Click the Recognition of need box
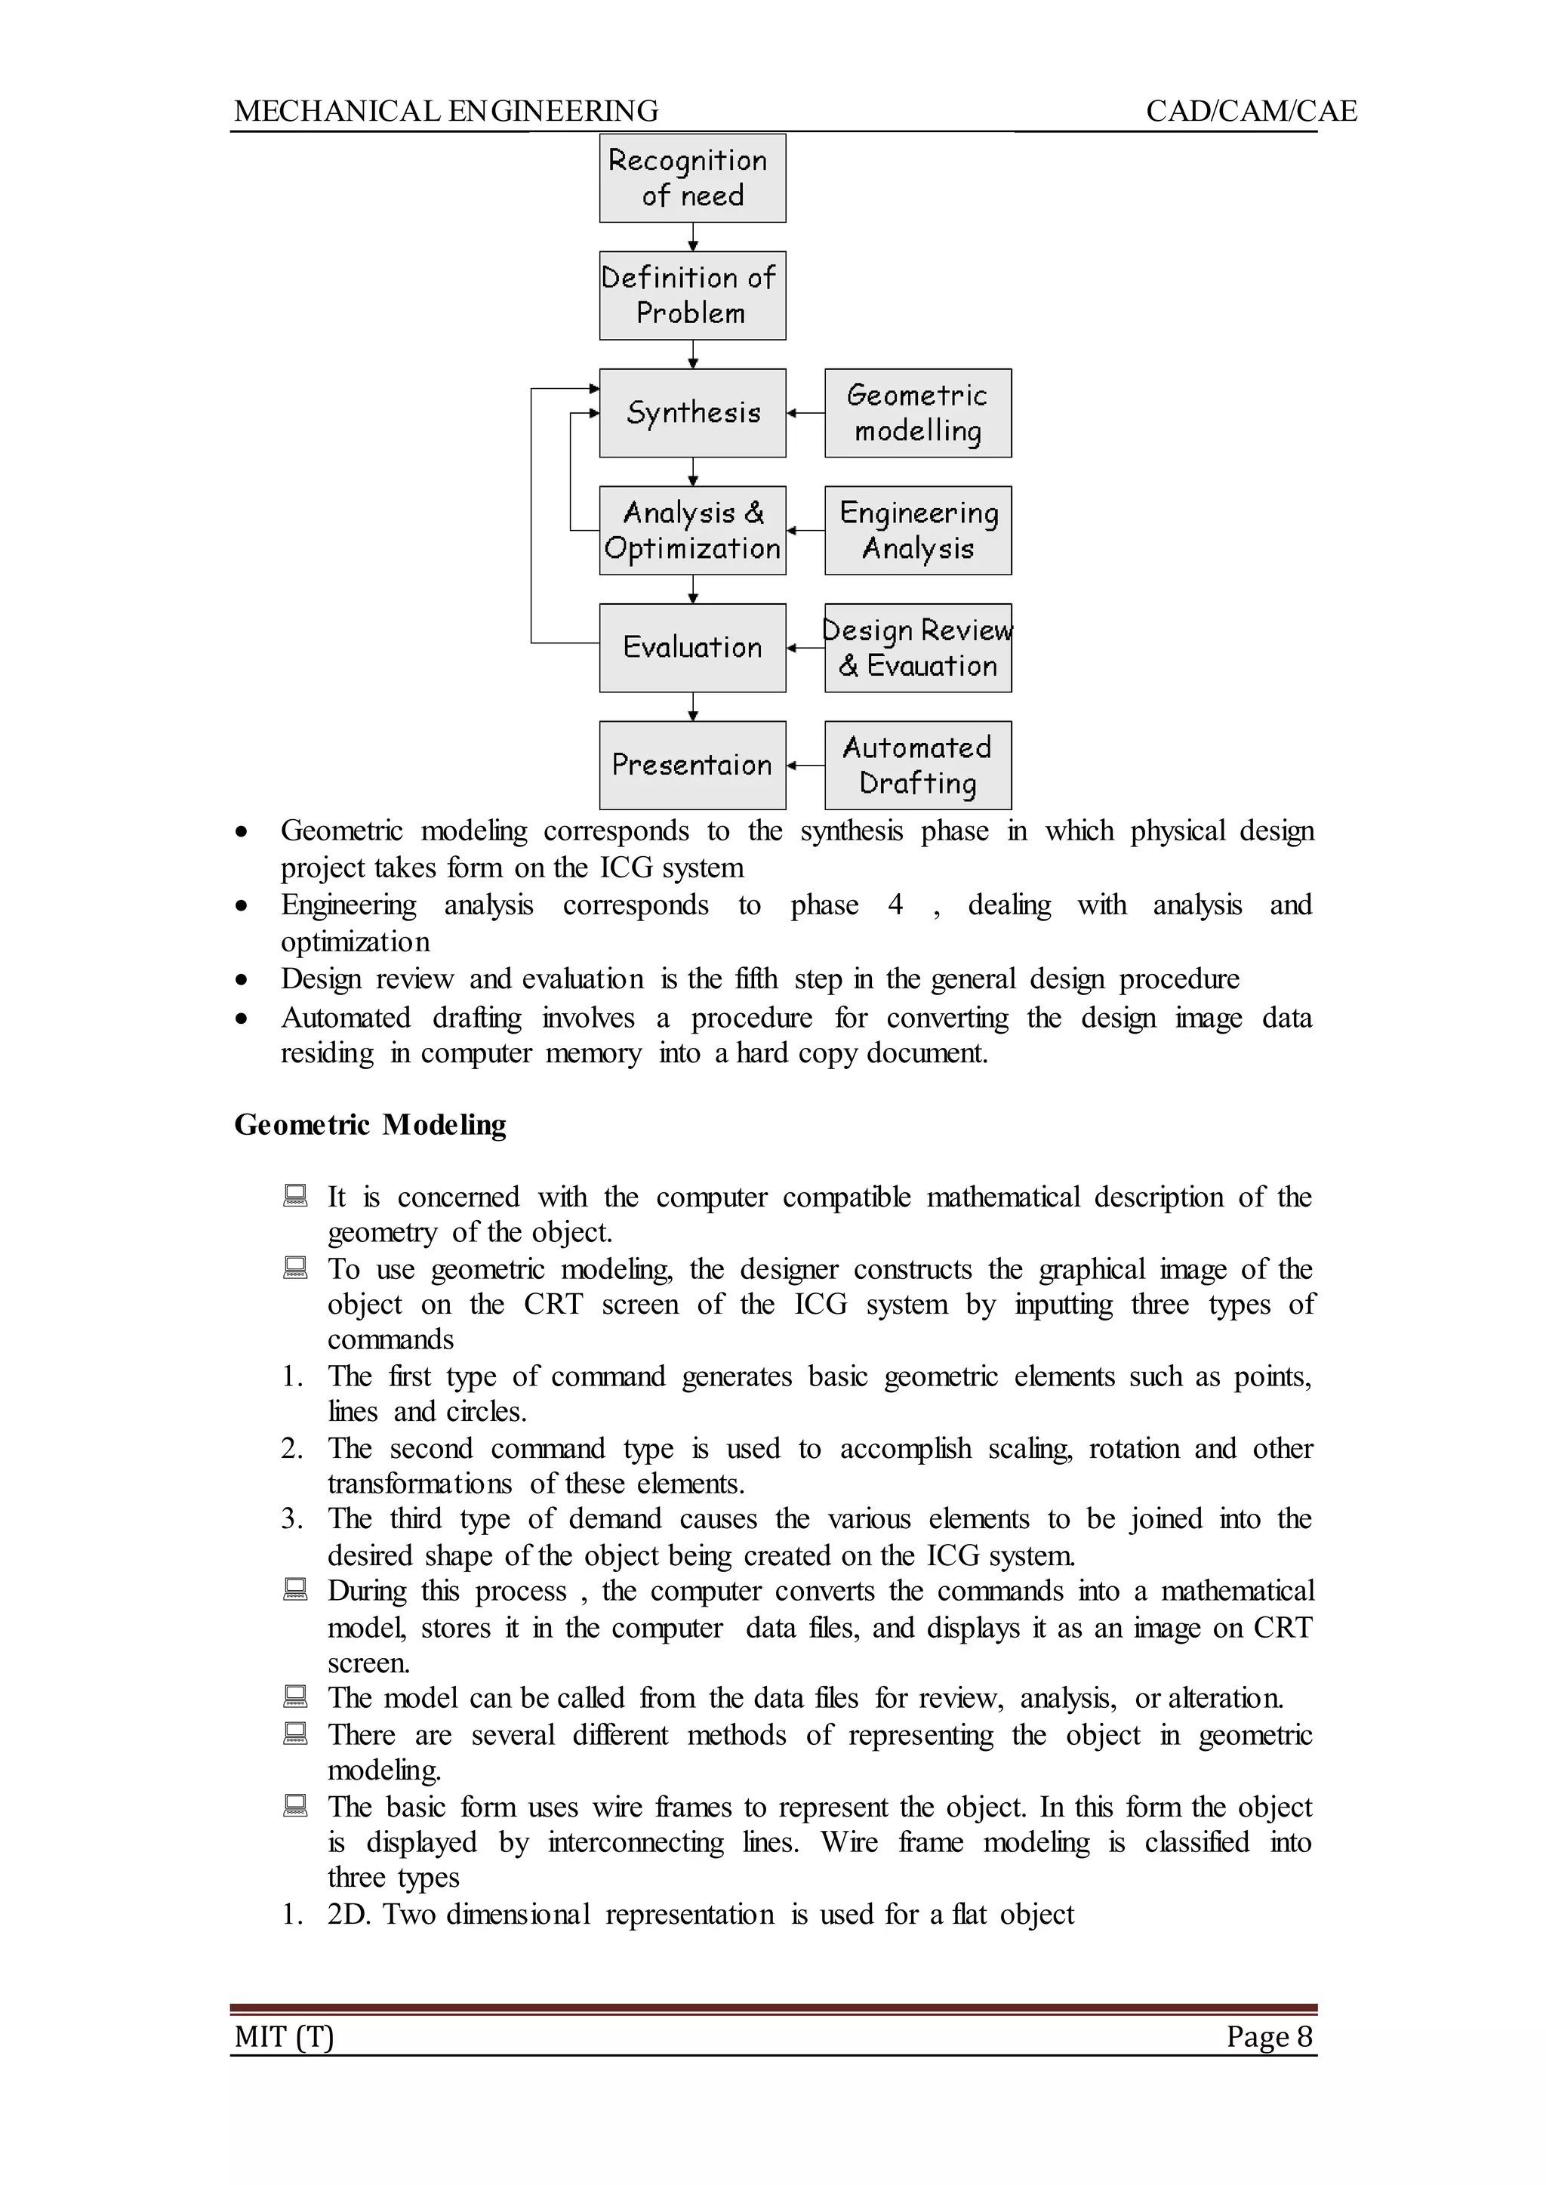pyautogui.click(x=692, y=178)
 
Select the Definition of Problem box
pyautogui.click(x=692, y=295)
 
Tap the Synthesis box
pyautogui.click(x=692, y=412)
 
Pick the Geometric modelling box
pyautogui.click(x=918, y=412)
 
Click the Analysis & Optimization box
pyautogui.click(x=692, y=530)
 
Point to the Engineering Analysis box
pyautogui.click(x=918, y=530)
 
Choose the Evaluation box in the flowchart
pyautogui.click(x=692, y=647)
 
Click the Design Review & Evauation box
pyautogui.click(x=918, y=647)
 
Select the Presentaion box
pyautogui.click(x=692, y=765)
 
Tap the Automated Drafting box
pyautogui.click(x=918, y=765)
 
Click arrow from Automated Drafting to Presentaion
pyautogui.click(x=805, y=765)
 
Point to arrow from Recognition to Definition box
pyautogui.click(x=693, y=236)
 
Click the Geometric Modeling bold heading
pyautogui.click(x=371, y=1124)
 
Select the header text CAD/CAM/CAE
pyautogui.click(x=1250, y=112)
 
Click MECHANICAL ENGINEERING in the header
pyautogui.click(x=445, y=112)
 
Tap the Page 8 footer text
pyautogui.click(x=1269, y=2036)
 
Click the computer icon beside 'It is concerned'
pyautogui.click(x=296, y=1195)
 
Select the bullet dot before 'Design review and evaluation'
pyautogui.click(x=243, y=980)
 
